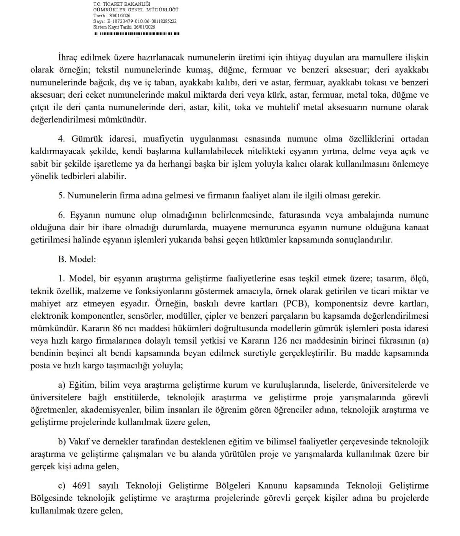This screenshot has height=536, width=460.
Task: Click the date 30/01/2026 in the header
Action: (120, 16)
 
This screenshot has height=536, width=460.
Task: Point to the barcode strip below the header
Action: (136, 34)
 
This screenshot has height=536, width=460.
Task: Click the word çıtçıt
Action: (40, 107)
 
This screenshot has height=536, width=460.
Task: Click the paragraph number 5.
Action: (61, 195)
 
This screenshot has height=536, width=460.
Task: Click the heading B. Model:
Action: (77, 259)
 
